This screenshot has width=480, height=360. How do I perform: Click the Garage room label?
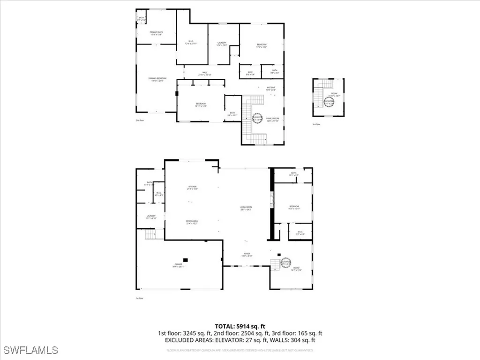tap(179, 266)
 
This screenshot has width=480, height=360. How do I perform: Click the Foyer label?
tap(247, 255)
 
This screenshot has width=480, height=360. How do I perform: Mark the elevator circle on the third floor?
tap(329, 101)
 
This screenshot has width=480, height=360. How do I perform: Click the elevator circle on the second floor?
tap(257, 118)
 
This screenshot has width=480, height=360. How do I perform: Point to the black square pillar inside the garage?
tap(186, 259)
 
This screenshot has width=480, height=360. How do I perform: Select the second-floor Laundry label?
tap(222, 45)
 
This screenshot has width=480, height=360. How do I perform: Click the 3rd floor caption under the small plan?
tap(316, 124)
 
